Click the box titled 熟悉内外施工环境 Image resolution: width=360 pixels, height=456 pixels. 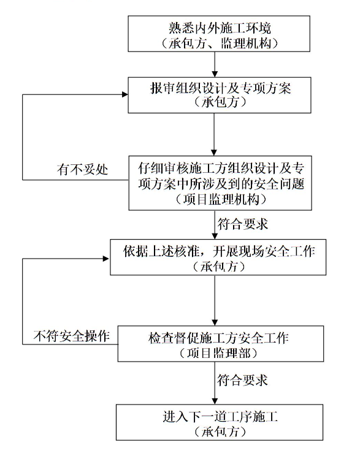tap(219, 34)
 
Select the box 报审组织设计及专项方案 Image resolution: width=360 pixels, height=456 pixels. tap(220, 95)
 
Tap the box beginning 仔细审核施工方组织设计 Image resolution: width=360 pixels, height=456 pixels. tap(220, 183)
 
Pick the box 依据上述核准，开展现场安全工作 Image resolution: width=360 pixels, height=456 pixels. tap(218, 257)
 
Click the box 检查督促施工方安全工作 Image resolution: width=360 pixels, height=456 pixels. tap(221, 344)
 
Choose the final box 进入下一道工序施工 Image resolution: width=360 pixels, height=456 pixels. tap(220, 422)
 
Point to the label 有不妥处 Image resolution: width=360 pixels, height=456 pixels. tap(82, 169)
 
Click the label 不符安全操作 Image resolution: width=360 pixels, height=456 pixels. tap(72, 336)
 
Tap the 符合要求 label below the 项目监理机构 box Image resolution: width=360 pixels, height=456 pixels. tap(242, 224)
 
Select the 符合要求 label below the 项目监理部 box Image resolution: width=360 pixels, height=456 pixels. tap(242, 380)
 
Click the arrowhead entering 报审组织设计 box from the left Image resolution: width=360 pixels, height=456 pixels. tap(125, 94)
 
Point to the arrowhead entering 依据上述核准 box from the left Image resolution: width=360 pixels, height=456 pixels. tap(106, 258)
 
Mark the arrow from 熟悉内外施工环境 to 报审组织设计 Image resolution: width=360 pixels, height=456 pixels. tap(215, 64)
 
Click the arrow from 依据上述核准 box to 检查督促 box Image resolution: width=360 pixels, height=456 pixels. tap(215, 300)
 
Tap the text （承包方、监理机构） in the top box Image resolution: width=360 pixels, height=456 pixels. tap(220, 44)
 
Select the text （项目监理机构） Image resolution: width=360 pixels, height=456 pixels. tap(220, 200)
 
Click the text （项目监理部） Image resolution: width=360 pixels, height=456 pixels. tap(219, 354)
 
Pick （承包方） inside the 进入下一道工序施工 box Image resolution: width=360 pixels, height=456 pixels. tap(220, 431)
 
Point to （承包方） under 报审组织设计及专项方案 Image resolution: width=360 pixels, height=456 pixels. tap(220, 102)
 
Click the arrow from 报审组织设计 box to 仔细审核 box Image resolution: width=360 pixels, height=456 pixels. tap(214, 134)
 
